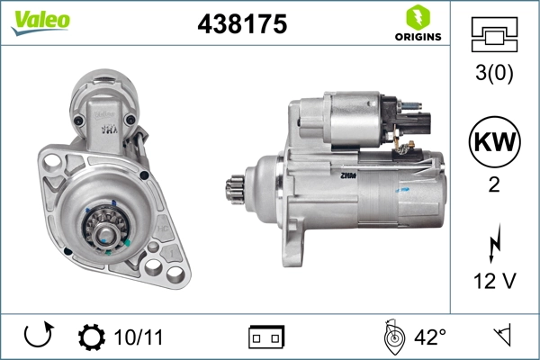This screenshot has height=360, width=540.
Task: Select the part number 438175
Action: pyautogui.click(x=241, y=25)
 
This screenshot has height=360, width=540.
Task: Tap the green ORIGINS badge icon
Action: pyautogui.click(x=417, y=16)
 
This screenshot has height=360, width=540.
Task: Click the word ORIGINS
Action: pyautogui.click(x=417, y=37)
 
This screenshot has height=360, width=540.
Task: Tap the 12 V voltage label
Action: pyautogui.click(x=494, y=282)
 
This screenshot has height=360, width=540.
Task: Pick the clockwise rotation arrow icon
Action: pyautogui.click(x=37, y=337)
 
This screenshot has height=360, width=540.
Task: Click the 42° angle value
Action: pyautogui.click(x=429, y=337)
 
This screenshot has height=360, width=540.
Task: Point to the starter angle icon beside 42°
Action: pyautogui.click(x=391, y=337)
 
